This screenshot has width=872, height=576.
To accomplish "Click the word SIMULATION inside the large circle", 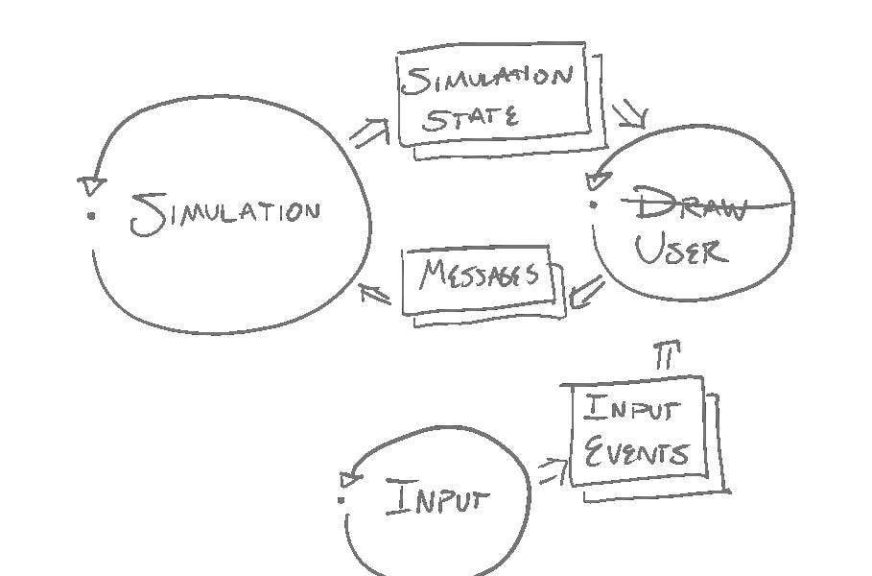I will pos(226,213).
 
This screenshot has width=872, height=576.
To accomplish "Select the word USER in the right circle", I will pos(681,251).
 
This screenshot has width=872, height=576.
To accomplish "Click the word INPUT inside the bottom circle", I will pos(437,498).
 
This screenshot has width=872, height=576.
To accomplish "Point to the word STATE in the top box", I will pos(471,118).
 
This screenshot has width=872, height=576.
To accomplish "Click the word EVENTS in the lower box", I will pos(636,451).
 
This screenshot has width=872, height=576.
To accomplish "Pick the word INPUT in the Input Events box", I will pos(632,411).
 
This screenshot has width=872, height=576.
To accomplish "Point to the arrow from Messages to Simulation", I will pos(376,291).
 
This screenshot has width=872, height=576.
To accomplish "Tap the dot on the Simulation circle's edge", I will pos(92,215).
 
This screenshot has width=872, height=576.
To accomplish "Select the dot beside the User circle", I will pos(594,204).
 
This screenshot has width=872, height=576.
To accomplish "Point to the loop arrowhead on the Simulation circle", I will pos(92,181).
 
